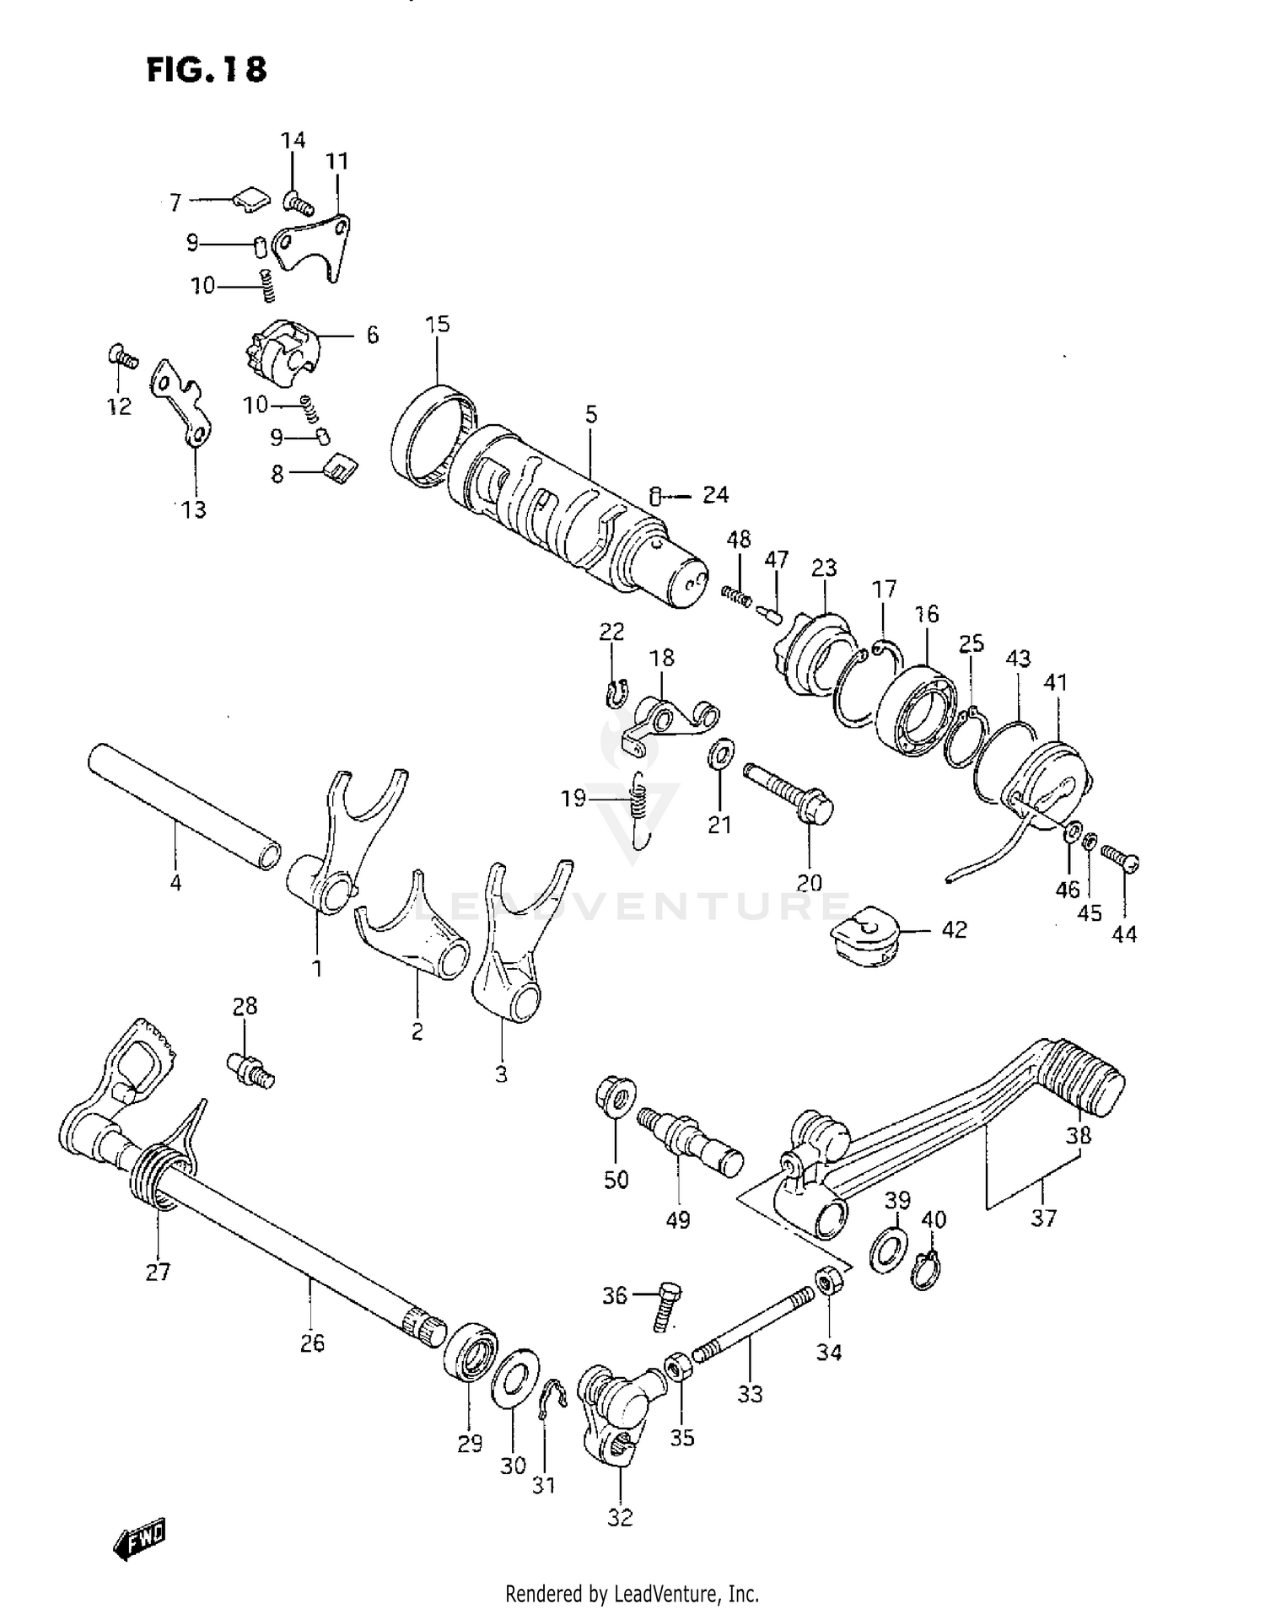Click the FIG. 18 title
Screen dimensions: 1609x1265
[x=207, y=69]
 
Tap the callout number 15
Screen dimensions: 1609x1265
[x=438, y=325]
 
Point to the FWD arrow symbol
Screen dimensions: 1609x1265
[x=139, y=1540]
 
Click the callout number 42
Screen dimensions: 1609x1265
[x=954, y=929]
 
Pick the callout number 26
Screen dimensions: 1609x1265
[x=312, y=1343]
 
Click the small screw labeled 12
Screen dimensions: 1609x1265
[x=122, y=358]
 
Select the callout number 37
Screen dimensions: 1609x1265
[x=1043, y=1218]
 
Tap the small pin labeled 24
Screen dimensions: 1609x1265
[x=655, y=496]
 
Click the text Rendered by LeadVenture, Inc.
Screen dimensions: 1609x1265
[x=632, y=1594]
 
